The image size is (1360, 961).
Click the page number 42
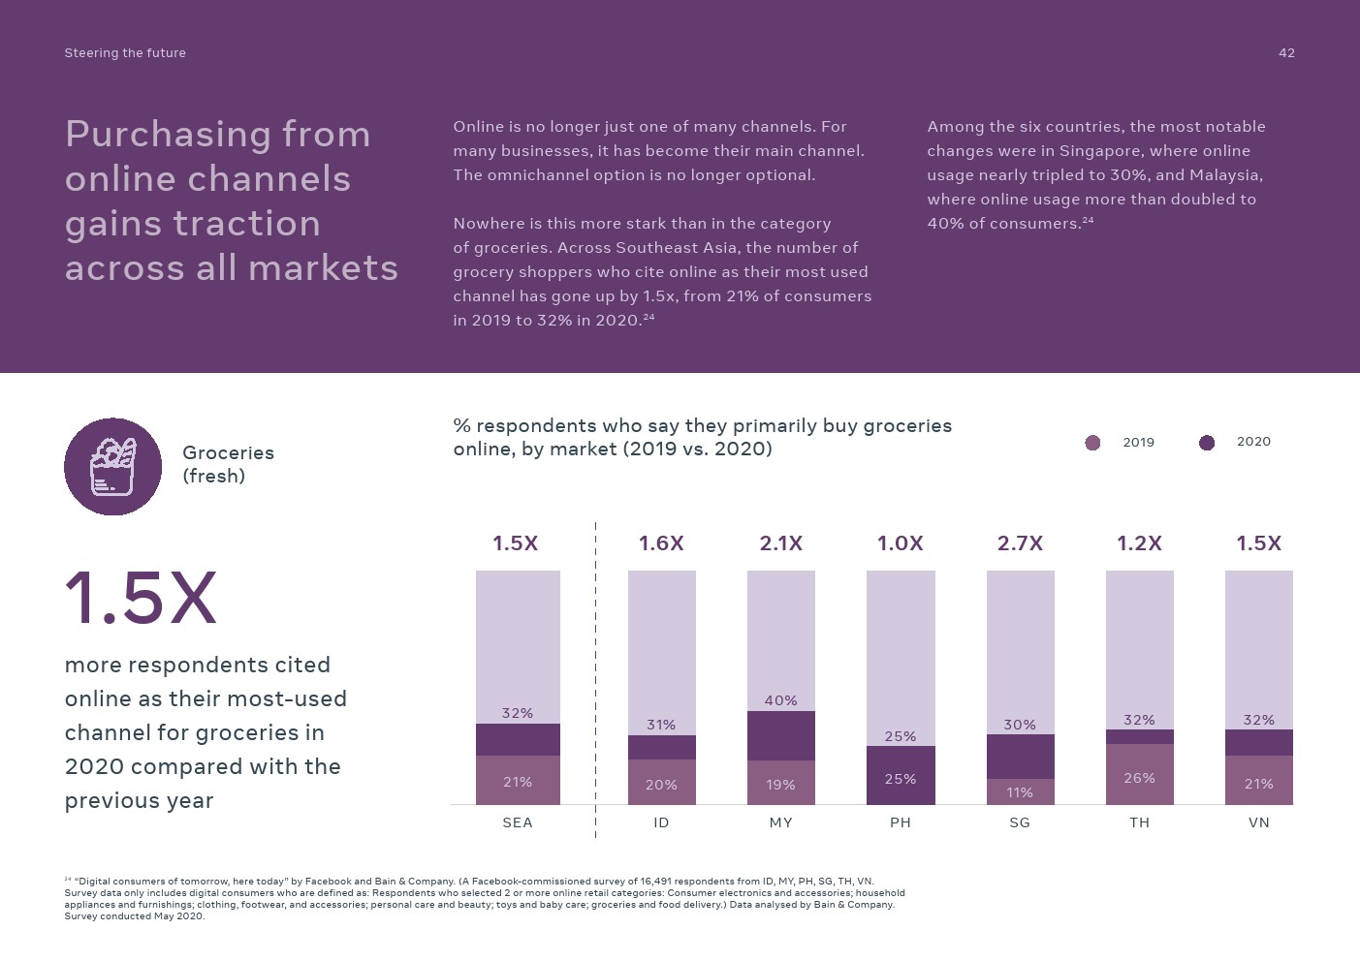tap(1286, 53)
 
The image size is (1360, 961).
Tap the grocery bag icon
tap(112, 467)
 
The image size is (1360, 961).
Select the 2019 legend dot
tap(1092, 443)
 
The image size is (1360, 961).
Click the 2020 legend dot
tap(1207, 443)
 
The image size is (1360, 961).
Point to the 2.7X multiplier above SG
tap(1020, 543)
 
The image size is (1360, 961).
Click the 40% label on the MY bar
tap(780, 700)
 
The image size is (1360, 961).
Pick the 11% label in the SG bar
tap(1020, 792)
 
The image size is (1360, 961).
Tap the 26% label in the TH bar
tap(1139, 778)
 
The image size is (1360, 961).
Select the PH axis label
tap(901, 822)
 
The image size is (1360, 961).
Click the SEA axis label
tap(518, 822)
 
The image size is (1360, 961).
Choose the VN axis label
tap(1258, 822)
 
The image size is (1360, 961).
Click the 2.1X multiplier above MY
tap(780, 543)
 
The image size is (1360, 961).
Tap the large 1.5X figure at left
tap(141, 598)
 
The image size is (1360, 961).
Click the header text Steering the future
tap(125, 53)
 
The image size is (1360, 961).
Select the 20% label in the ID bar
tap(661, 785)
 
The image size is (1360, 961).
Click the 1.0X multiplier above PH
tap(900, 543)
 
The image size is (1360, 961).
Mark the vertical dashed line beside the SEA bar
tap(595, 678)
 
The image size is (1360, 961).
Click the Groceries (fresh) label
tap(228, 464)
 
